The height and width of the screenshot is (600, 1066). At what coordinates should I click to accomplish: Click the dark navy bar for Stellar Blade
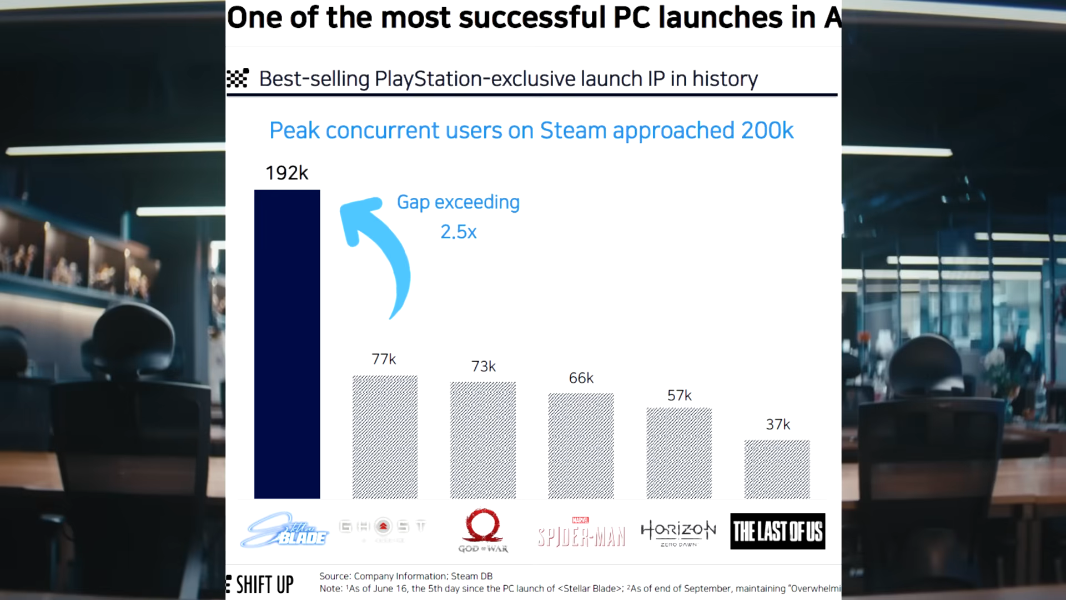pyautogui.click(x=287, y=344)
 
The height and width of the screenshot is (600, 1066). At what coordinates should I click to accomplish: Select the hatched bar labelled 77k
pyautogui.click(x=385, y=437)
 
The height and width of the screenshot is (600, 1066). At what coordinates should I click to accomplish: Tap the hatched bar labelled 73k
pyautogui.click(x=482, y=440)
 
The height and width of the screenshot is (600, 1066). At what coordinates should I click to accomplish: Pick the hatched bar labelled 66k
pyautogui.click(x=581, y=446)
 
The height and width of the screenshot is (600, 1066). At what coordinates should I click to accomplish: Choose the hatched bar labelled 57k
pyautogui.click(x=679, y=453)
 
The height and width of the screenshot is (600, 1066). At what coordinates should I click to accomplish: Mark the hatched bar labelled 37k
pyautogui.click(x=777, y=469)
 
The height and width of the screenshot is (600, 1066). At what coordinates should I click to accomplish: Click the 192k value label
pyautogui.click(x=286, y=173)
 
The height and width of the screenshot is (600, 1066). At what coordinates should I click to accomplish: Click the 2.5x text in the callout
pyautogui.click(x=459, y=232)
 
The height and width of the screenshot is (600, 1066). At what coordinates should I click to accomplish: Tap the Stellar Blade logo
pyautogui.click(x=285, y=530)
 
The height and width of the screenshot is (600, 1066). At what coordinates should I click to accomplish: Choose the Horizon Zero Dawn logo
pyautogui.click(x=678, y=532)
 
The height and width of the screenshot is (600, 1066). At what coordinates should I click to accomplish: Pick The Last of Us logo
pyautogui.click(x=777, y=531)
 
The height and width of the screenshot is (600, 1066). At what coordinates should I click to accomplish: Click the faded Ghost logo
pyautogui.click(x=383, y=528)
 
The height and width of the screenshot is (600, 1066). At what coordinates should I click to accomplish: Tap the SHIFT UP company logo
pyautogui.click(x=261, y=584)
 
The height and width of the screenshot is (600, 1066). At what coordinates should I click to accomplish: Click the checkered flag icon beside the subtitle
pyautogui.click(x=238, y=78)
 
